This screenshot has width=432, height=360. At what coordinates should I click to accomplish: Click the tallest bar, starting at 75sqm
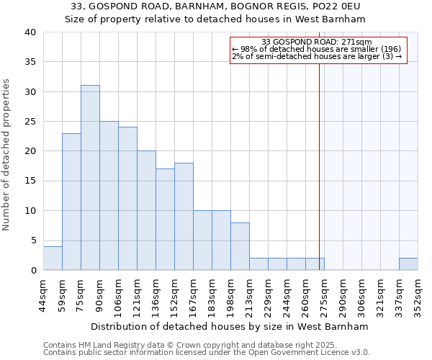90,178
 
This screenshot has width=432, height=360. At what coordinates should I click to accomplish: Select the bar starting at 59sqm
71,202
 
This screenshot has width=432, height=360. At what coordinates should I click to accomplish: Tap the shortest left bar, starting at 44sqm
53,258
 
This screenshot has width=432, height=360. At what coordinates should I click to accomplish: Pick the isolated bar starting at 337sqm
408,264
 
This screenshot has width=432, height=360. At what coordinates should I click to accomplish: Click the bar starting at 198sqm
240,246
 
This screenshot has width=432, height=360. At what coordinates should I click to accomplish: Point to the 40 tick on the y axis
30,32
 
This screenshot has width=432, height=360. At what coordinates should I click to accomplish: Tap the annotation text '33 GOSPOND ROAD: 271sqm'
318,42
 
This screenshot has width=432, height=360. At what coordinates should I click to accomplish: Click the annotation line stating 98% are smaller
318,49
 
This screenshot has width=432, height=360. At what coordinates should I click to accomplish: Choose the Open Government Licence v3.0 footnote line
207,353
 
